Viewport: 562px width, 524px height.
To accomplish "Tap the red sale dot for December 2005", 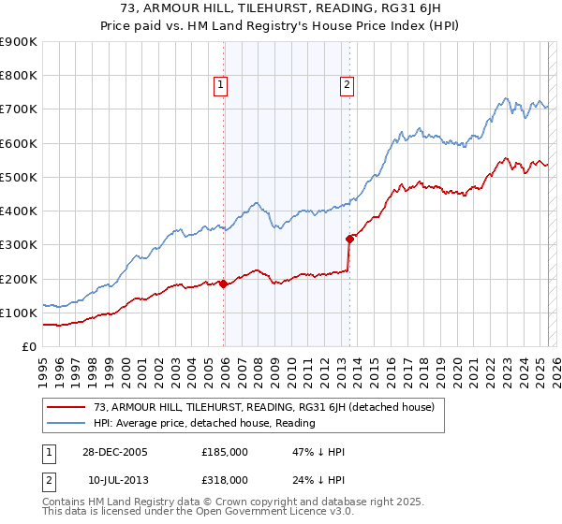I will [224, 284].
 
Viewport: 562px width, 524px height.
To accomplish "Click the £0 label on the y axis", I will [29, 346].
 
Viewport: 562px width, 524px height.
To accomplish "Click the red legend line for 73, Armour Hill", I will [67, 407].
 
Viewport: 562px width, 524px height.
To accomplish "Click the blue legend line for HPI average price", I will [67, 423].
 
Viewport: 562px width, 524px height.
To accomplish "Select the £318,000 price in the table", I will [224, 479].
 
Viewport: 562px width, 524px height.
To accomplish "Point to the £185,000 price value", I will [224, 451].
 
